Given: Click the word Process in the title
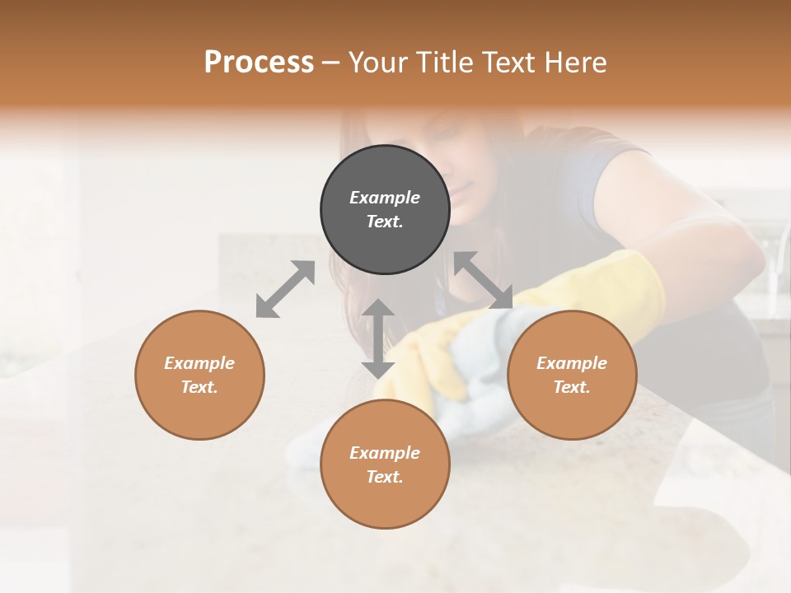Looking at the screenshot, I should tap(259, 63).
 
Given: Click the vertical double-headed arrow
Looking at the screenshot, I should tap(378, 339).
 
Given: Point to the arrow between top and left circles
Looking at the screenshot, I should tap(285, 289).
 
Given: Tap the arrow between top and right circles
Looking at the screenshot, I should tap(484, 281).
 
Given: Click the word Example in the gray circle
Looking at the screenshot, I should tap(385, 198).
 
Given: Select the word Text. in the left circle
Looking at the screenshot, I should tap(199, 387).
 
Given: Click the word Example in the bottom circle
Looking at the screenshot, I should tap(385, 453).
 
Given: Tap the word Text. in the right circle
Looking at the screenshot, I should tap(571, 387).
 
